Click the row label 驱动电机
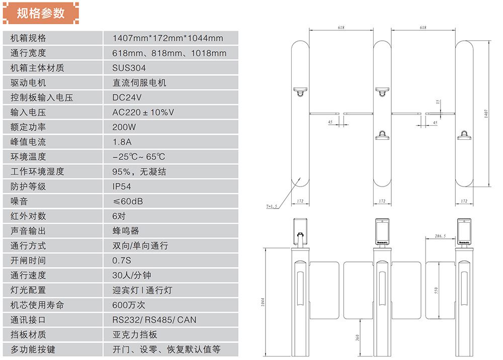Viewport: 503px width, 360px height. (28, 82)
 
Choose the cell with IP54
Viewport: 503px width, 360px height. (122, 187)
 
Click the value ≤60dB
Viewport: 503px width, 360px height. (128, 201)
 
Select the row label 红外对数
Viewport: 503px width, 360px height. (28, 216)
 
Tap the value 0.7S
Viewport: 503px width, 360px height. (122, 260)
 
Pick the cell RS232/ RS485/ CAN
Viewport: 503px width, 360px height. (154, 320)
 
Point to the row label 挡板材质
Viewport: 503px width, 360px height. (28, 335)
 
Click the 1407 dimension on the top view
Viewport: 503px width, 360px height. (486, 114)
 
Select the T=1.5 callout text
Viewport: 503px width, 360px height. (272, 206)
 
